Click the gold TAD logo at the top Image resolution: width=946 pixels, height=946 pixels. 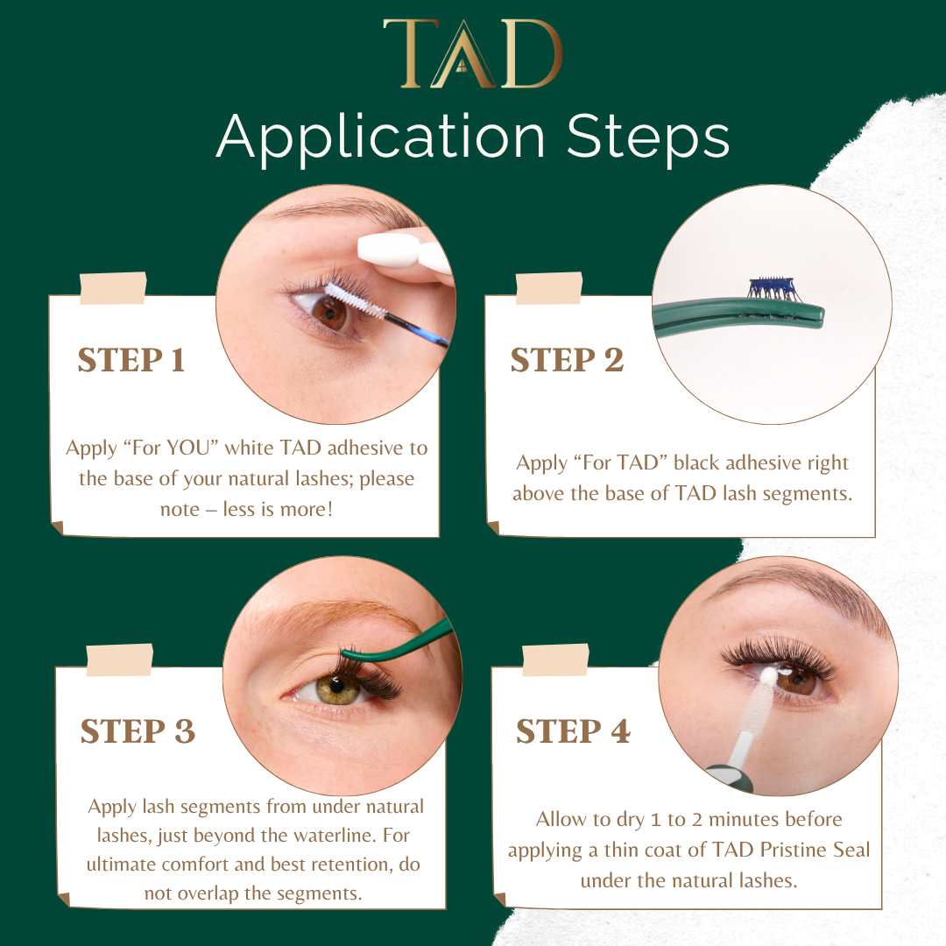coord(472,53)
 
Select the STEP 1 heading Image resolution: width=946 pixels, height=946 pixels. coord(131,360)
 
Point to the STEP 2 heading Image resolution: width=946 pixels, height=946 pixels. coord(567,360)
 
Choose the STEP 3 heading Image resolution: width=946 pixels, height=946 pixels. coord(138,731)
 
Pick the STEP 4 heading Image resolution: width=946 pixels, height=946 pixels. coord(573,731)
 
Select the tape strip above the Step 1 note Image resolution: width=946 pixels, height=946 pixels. coord(113,288)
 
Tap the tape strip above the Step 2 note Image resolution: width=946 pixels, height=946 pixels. coord(549,288)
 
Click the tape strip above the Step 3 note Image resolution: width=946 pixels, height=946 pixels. coord(119,660)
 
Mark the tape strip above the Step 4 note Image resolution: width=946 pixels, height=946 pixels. coord(555,660)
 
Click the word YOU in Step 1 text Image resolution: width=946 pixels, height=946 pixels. coord(187,448)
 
